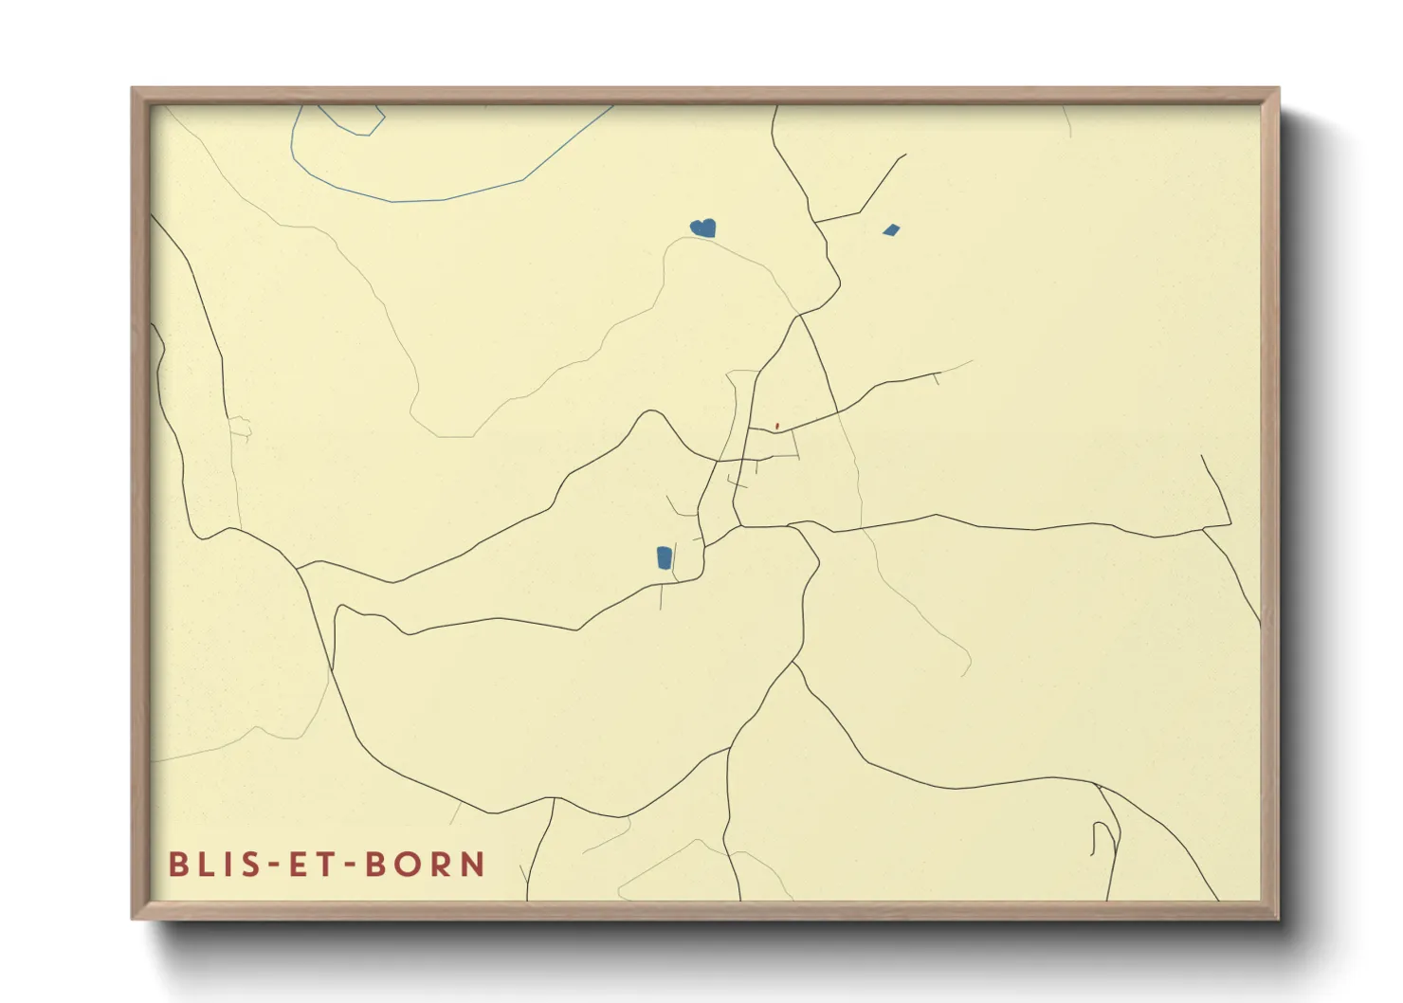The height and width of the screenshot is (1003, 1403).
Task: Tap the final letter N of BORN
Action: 473,865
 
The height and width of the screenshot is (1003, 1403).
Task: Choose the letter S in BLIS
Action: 257,865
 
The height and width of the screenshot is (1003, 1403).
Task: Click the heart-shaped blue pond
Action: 703,228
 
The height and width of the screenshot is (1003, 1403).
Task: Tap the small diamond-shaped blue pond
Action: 890,229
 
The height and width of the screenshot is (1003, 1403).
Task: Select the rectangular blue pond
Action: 665,557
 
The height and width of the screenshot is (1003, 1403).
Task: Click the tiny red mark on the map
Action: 777,426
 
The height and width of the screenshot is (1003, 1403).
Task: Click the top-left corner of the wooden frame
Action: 134,90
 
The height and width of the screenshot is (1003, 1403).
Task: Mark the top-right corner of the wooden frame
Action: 1277,90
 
